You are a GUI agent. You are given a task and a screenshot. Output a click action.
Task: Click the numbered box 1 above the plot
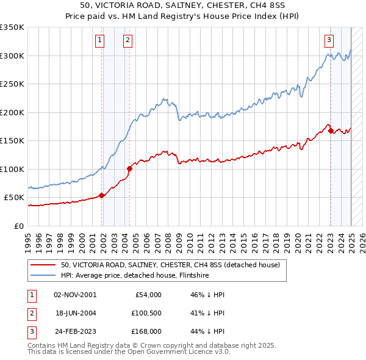click(99, 41)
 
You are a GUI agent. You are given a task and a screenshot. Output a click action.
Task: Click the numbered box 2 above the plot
click(127, 41)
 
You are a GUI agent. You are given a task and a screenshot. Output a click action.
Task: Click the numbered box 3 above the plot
click(329, 41)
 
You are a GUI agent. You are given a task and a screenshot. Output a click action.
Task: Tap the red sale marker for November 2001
click(101, 195)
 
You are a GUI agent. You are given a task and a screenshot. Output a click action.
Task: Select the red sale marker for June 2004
click(129, 168)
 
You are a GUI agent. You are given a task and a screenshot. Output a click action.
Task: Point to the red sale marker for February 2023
click(330, 130)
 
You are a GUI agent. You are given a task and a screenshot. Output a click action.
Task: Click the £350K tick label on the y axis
click(12, 27)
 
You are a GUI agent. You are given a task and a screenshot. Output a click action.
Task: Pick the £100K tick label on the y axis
click(12, 169)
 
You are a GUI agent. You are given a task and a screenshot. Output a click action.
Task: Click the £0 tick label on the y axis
click(20, 226)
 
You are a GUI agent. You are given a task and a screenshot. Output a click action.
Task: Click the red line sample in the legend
click(43, 265)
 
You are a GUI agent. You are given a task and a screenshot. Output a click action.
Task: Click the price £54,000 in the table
click(147, 295)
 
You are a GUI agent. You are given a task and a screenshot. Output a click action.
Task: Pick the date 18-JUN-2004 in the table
click(75, 314)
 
